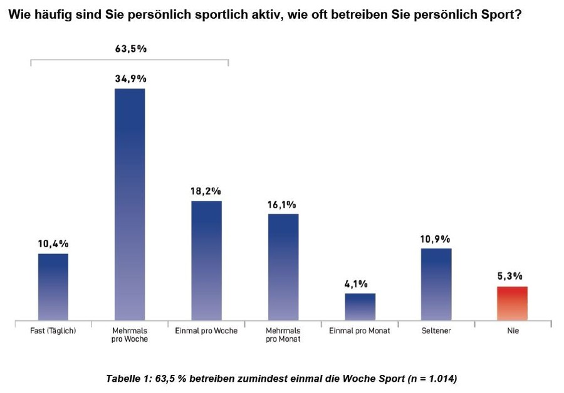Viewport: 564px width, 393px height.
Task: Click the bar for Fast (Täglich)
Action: (x=53, y=287)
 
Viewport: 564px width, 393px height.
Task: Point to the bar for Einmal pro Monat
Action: (x=360, y=307)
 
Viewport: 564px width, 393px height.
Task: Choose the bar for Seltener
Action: (x=436, y=285)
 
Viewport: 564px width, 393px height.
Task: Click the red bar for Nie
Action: (x=513, y=304)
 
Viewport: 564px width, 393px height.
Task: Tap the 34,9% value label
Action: (x=130, y=79)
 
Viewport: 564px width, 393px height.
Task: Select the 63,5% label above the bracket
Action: (x=130, y=49)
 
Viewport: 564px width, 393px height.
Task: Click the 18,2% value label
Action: (x=206, y=191)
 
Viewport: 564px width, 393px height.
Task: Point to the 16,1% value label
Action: (x=283, y=204)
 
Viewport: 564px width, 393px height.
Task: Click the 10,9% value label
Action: (x=436, y=239)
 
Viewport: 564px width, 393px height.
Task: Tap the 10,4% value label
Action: (x=54, y=243)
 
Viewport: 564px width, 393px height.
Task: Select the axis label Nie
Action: (x=513, y=330)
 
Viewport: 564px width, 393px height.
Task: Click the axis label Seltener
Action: (x=436, y=330)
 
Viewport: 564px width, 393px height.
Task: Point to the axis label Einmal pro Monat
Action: (x=360, y=330)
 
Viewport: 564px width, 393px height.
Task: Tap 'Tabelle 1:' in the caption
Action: (x=128, y=379)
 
